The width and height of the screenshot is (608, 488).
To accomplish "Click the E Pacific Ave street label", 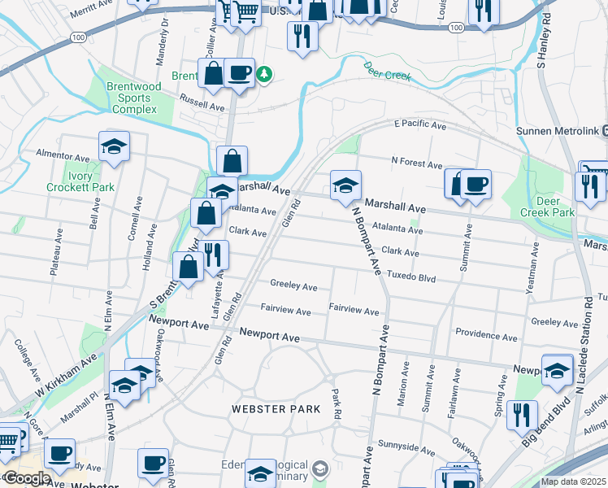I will coord(419,126).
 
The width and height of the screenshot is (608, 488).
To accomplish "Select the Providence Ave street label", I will coord(486,336).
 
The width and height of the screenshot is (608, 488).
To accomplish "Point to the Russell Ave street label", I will coord(202,106).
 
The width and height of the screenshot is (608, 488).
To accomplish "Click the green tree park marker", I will coord(263,75).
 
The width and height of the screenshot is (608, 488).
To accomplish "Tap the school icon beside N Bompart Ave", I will coord(345,185).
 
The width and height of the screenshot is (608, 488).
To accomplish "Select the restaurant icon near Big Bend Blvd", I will coord(521,415).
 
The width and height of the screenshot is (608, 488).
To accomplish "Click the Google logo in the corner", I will coord(27,478).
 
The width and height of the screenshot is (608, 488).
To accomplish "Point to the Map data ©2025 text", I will coord(573,481).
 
